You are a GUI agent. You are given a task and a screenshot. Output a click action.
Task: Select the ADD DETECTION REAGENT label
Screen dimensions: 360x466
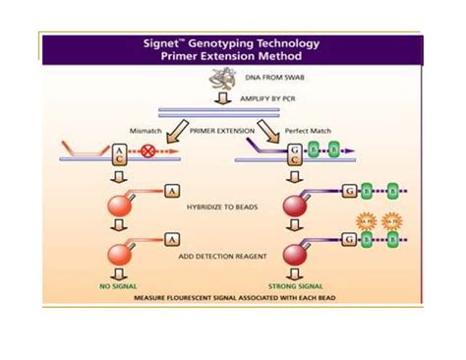pos(228,255)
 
